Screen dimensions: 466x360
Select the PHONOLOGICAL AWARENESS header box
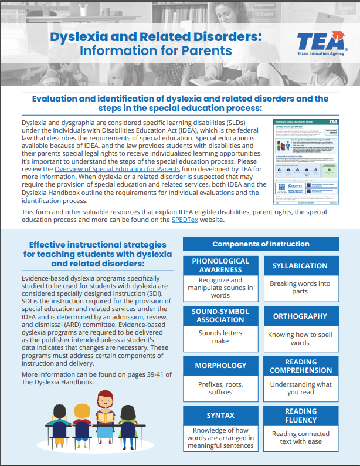point(220,265)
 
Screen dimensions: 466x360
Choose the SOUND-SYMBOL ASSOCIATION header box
point(220,316)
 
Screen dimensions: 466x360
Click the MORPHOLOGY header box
point(220,366)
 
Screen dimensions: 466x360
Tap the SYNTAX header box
point(220,416)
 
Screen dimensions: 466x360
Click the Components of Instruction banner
point(260,244)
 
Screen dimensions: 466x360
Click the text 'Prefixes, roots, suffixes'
point(220,389)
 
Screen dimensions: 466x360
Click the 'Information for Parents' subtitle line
point(156,51)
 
